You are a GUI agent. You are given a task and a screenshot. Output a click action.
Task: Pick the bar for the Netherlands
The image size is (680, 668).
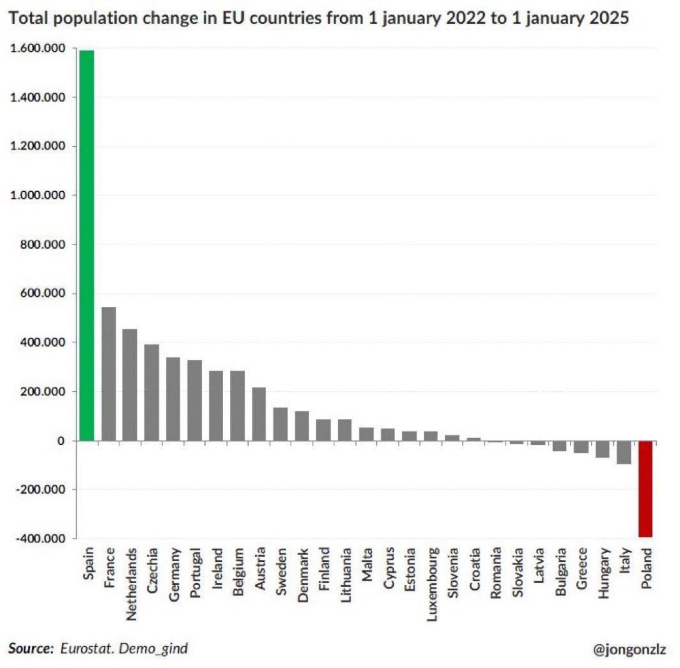(130, 384)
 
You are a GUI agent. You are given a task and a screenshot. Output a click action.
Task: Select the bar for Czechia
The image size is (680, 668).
(151, 392)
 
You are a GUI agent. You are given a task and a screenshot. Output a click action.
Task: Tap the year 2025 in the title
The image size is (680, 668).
(606, 20)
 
